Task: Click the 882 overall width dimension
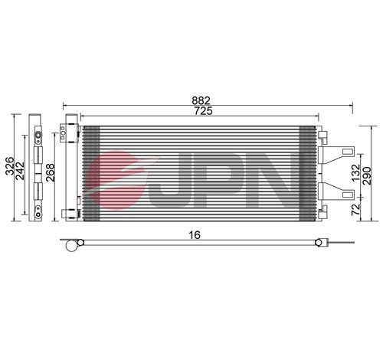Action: pos(202,100)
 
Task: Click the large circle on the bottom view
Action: pos(73,246)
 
